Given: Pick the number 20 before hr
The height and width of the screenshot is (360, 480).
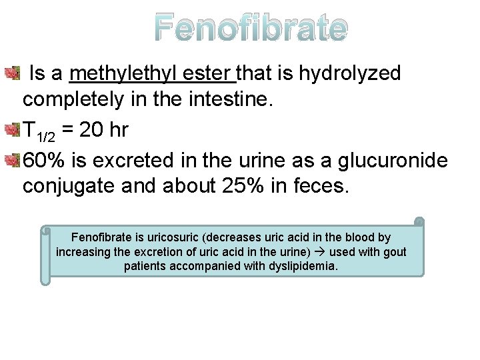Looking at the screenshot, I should click(93, 129).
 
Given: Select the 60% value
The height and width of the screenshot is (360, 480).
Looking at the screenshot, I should click(44, 159).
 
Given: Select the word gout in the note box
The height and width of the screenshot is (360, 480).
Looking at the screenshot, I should click(395, 252).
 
